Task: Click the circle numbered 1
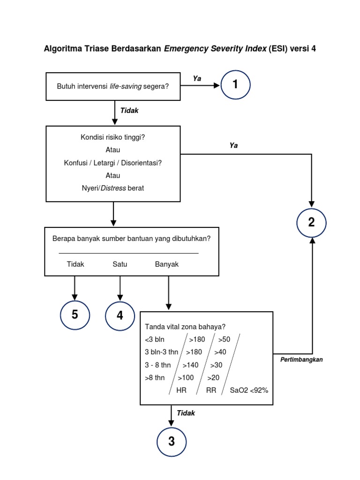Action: (x=235, y=85)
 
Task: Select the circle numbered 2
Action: (x=311, y=223)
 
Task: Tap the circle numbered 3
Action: (x=172, y=442)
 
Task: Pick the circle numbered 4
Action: (x=120, y=315)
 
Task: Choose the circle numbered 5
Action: (x=75, y=315)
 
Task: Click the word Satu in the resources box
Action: (x=120, y=264)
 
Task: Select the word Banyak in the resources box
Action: (x=167, y=264)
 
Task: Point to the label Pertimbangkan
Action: (x=302, y=360)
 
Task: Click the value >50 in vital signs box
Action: (x=224, y=339)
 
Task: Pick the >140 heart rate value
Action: (x=191, y=365)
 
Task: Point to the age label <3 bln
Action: (x=156, y=339)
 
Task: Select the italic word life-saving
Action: (x=126, y=86)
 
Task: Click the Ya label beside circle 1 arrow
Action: (x=197, y=79)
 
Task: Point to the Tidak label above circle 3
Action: (x=186, y=413)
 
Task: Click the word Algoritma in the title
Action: (x=62, y=48)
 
